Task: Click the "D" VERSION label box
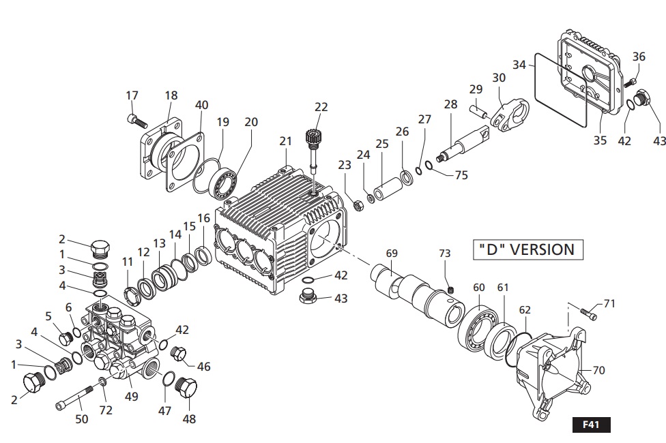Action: (x=523, y=249)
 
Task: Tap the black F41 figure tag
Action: (x=590, y=424)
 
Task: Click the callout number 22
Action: (x=321, y=107)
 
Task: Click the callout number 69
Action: (x=391, y=253)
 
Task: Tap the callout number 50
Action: (x=81, y=419)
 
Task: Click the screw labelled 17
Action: (x=136, y=121)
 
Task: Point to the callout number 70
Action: (x=598, y=371)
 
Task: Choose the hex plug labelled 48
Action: (x=186, y=389)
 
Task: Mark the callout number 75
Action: (x=461, y=174)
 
